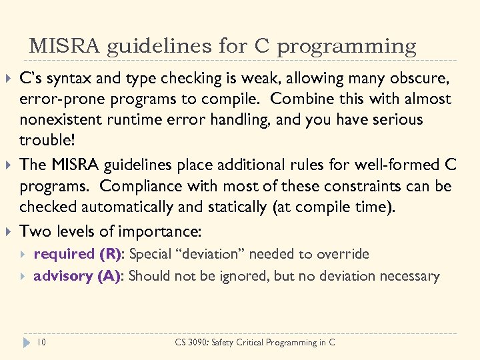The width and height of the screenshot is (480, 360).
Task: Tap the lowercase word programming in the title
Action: coord(347,47)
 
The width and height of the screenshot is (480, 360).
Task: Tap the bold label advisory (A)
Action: coord(77,276)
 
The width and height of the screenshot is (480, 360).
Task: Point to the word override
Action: coord(344,254)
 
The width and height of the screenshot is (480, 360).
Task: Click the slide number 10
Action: coord(42,342)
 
